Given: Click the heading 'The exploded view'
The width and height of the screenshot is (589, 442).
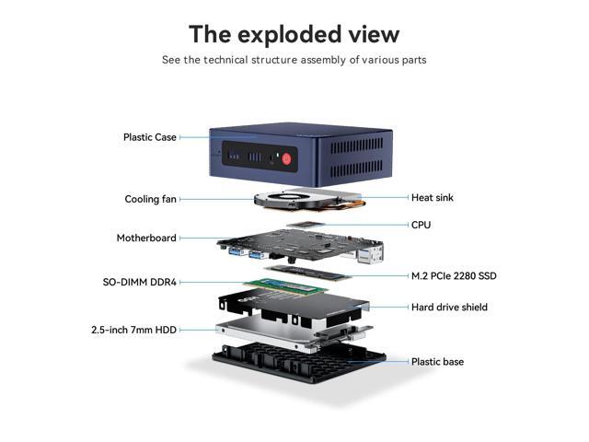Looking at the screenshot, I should tap(294, 34).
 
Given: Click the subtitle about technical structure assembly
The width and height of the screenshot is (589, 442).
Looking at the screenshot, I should tap(294, 60).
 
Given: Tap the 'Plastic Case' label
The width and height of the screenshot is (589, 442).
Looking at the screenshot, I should tap(150, 137).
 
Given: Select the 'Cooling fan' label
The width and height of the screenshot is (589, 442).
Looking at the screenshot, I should tap(151, 199).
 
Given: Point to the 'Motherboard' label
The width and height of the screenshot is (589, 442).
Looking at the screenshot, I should tap(146, 238).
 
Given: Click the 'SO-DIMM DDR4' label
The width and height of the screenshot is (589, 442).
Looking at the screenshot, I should tap(140, 282).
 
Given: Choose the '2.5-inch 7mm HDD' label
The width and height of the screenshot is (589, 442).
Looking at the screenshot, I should tap(133, 329).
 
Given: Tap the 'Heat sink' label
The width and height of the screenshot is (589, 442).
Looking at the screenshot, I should tap(432, 197).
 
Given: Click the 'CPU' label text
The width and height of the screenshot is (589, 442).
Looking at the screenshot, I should tap(421, 225).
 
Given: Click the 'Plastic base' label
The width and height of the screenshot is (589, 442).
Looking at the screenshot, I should tap(437, 362).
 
